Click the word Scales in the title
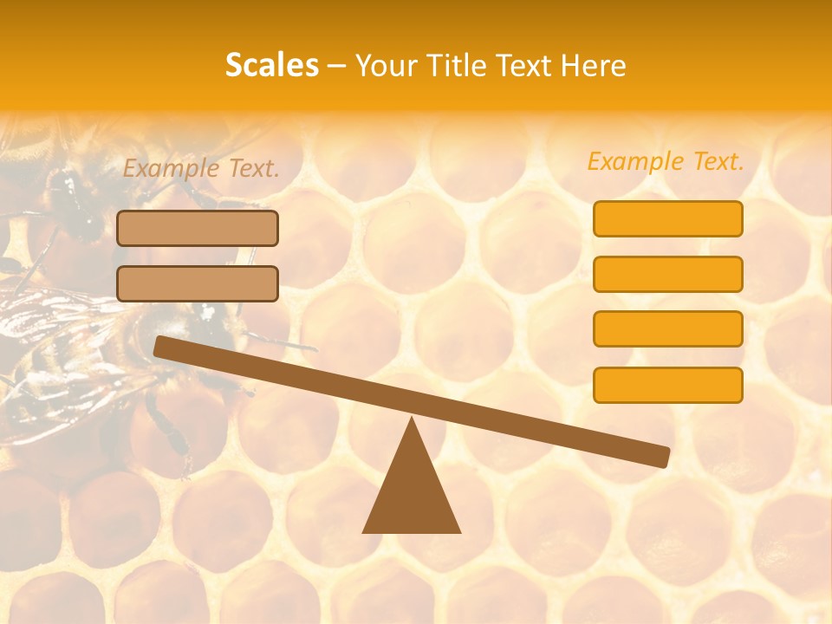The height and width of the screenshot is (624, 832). (x=271, y=65)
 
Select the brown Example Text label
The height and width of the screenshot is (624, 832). (x=201, y=169)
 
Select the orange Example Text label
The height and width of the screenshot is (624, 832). (x=666, y=161)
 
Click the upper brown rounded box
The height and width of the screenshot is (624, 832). (x=198, y=228)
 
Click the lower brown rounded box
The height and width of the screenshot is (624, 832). (x=198, y=283)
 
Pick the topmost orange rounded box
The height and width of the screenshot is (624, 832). (x=667, y=218)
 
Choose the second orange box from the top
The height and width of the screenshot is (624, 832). (x=667, y=274)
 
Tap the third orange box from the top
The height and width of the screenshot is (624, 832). (x=667, y=329)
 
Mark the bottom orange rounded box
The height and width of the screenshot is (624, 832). (x=667, y=385)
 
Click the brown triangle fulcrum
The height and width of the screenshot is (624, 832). (x=412, y=494)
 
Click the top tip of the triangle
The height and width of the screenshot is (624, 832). (x=412, y=421)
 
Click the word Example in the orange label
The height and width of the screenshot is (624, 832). (x=635, y=161)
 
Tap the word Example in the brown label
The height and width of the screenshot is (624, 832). (x=172, y=169)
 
